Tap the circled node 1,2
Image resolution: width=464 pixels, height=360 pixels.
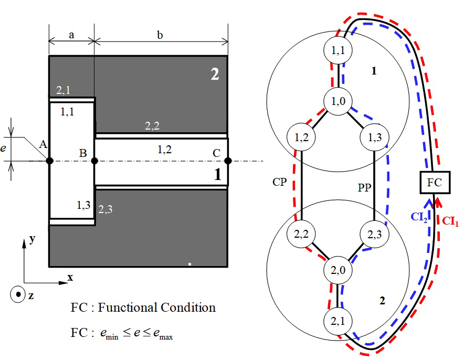point(301,137)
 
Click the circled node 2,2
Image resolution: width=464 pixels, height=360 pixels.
point(301,235)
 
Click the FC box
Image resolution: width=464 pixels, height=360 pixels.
point(434,183)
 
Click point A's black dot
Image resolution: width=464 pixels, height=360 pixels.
point(49,161)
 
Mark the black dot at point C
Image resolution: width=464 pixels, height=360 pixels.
point(228,161)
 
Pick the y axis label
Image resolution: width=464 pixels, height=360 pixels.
point(33,239)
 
